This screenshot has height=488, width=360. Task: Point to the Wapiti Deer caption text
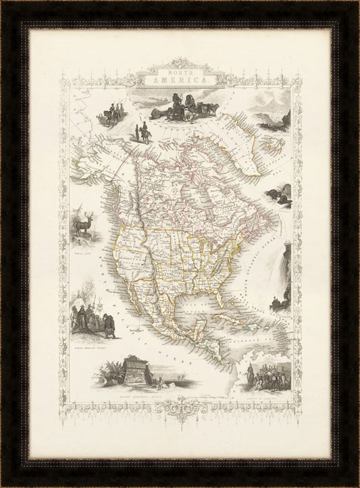86,246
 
